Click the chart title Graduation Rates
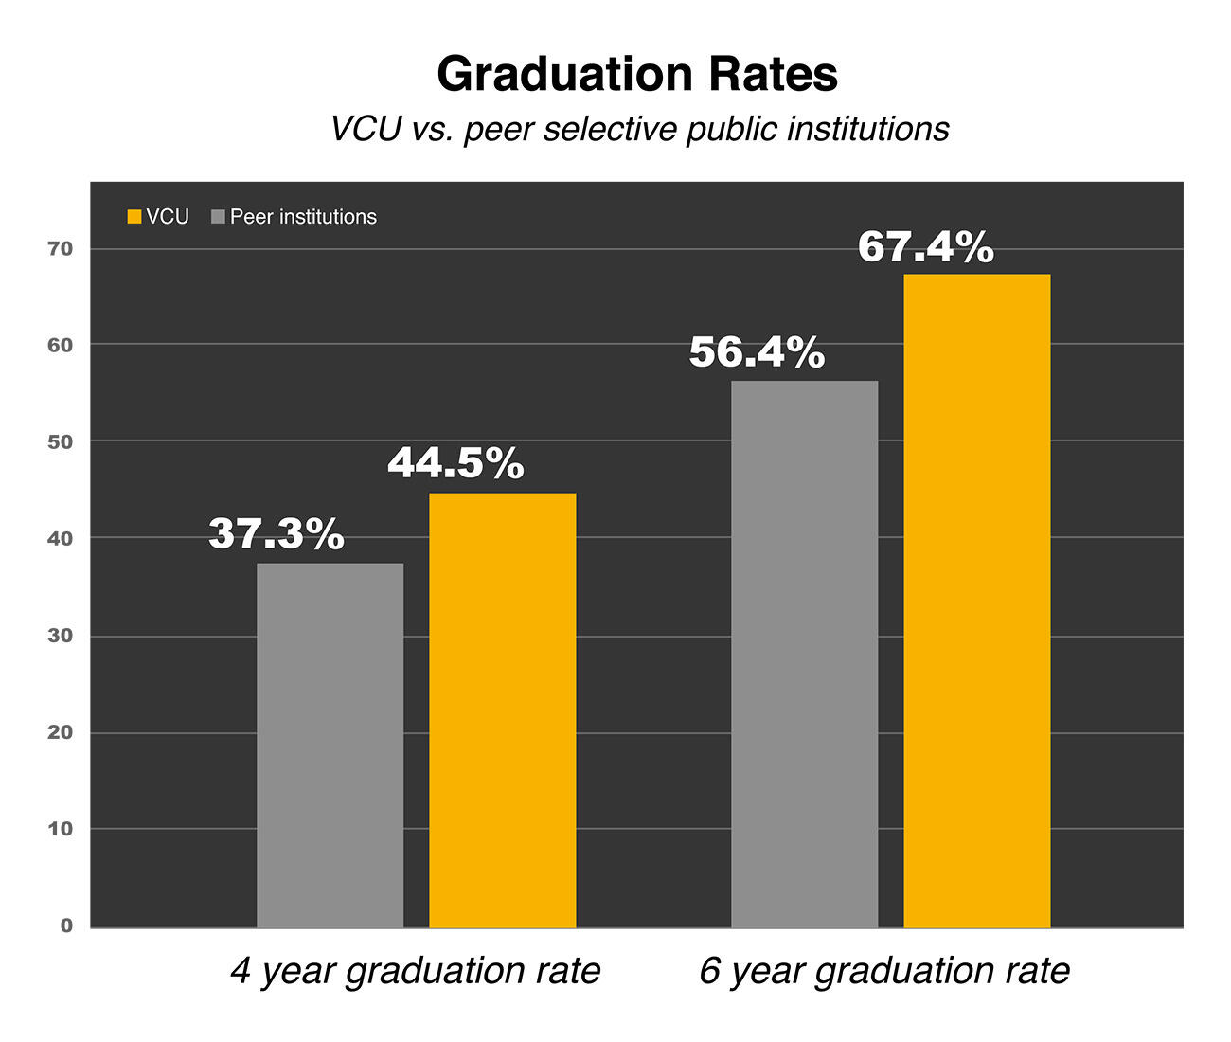(637, 74)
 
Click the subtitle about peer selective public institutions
(639, 129)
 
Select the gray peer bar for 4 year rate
(330, 745)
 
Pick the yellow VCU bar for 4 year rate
(502, 710)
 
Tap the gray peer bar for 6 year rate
(804, 654)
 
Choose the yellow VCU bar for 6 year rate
(976, 601)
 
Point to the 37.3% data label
(277, 534)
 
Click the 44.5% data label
(455, 463)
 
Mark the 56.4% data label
(757, 352)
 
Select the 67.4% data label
(926, 247)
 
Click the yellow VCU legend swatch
(134, 217)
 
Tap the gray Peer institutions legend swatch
(219, 217)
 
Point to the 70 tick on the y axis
(61, 249)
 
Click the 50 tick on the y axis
(61, 441)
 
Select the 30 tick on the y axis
(61, 636)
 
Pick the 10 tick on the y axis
(61, 829)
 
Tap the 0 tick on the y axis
(66, 925)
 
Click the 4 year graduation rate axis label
(416, 971)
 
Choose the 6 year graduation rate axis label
(884, 971)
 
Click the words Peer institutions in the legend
(303, 217)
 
